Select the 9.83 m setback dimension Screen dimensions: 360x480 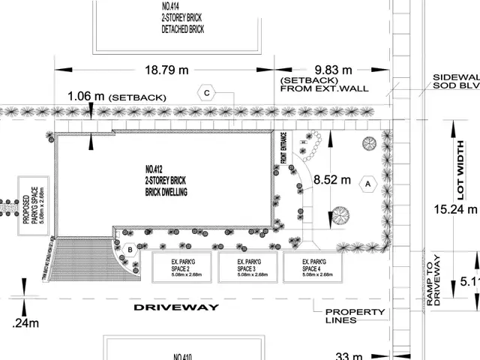(x=317, y=71)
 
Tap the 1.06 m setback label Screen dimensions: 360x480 (x=86, y=96)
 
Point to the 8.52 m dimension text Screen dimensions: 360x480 (x=333, y=180)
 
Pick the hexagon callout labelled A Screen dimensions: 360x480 (x=367, y=182)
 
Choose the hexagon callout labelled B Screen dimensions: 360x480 (x=130, y=250)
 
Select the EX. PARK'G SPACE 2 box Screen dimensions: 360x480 (x=182, y=268)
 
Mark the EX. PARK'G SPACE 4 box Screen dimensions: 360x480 (x=313, y=268)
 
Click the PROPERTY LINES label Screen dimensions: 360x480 (x=355, y=316)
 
